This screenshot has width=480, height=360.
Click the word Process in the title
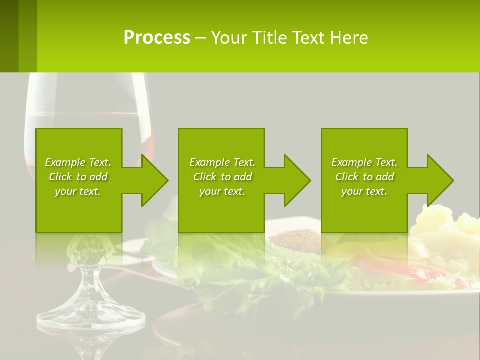pyautogui.click(x=157, y=38)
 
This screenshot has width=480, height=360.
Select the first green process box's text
pyautogui.click(x=78, y=177)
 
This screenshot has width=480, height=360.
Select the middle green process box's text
pyautogui.click(x=222, y=177)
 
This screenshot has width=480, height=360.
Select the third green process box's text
pyautogui.click(x=364, y=177)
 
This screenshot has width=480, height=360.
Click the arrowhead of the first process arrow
pyautogui.click(x=155, y=180)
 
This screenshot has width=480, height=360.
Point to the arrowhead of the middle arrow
pyautogui.click(x=297, y=180)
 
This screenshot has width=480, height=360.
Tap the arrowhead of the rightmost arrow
pyautogui.click(x=440, y=180)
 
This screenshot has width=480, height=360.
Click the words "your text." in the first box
pyautogui.click(x=78, y=191)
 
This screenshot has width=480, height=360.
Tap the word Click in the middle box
pyautogui.click(x=205, y=177)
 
